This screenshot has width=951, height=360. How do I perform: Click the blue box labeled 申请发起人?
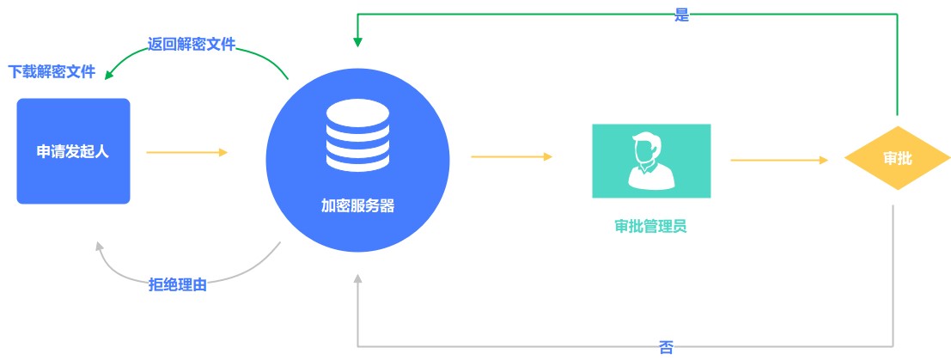tap(73, 151)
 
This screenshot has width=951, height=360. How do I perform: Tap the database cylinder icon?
tap(357, 137)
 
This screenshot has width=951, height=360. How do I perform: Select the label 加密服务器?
tap(358, 206)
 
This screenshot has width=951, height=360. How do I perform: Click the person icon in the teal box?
tap(651, 161)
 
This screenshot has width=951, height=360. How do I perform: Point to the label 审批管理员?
tap(651, 227)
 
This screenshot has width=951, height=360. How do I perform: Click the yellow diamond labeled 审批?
tap(897, 158)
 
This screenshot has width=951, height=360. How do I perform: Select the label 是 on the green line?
tap(682, 15)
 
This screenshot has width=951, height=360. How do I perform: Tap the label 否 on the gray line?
tap(665, 348)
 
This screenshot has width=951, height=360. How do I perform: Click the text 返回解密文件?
tap(192, 44)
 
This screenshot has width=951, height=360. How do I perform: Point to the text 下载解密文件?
tap(52, 72)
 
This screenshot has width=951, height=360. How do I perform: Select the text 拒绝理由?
tap(178, 284)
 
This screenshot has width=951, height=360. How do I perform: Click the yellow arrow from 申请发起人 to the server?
tap(186, 152)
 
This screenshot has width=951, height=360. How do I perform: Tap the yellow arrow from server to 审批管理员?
tap(512, 156)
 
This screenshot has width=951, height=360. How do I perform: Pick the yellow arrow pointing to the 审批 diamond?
tap(779, 161)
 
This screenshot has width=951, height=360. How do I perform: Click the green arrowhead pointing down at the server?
tap(358, 42)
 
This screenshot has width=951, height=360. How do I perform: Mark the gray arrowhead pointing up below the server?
tap(358, 278)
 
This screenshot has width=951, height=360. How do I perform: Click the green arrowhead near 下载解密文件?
tap(109, 75)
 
